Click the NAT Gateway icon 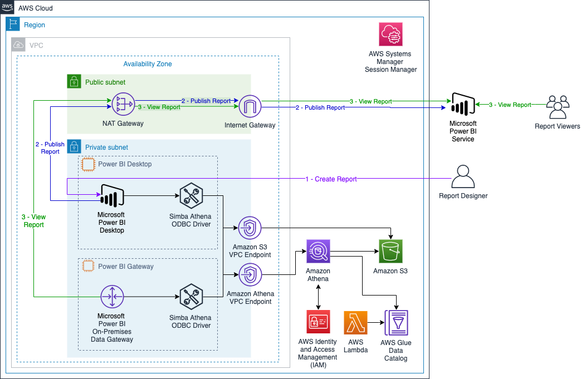coord(123,105)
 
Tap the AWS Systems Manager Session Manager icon coord(390,34)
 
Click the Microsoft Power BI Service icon coord(463,105)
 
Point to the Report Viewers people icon coord(557,107)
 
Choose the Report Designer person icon coord(463,176)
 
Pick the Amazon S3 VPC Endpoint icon coord(250,228)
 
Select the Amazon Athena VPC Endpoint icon coord(250,275)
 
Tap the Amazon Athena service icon coord(318,252)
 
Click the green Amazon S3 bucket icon coord(390,252)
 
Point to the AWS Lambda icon coord(356,323)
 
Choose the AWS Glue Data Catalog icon coord(396,323)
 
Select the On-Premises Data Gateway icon coord(112,296)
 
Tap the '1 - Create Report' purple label coord(331,179)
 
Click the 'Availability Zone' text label coord(148,64)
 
